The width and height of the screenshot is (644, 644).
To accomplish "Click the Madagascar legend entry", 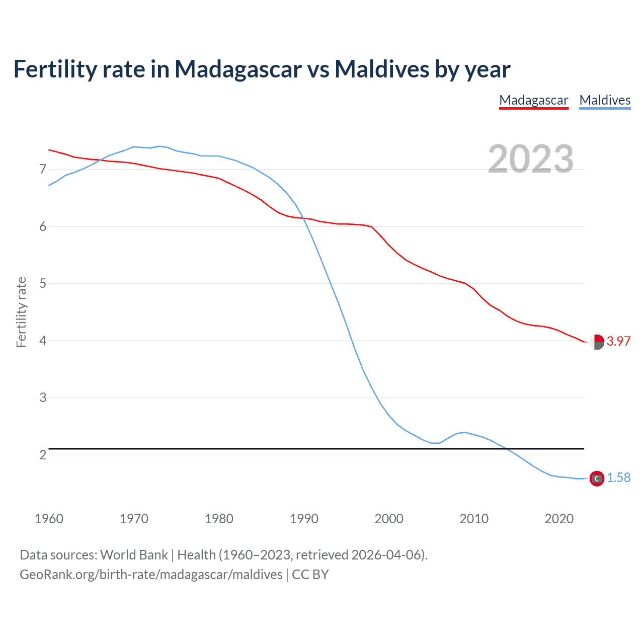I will click(x=533, y=100).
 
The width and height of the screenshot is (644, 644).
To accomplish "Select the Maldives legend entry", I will click(x=605, y=100).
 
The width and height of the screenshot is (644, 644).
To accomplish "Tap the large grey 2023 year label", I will click(x=531, y=159).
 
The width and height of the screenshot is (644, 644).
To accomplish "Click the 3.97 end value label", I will click(x=618, y=341).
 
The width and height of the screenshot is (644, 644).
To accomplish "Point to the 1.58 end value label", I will click(x=618, y=478).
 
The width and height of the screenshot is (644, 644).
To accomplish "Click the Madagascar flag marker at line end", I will click(x=597, y=342).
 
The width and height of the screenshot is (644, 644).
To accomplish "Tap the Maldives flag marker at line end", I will click(x=597, y=478).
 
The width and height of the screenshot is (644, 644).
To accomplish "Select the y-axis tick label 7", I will click(x=43, y=170).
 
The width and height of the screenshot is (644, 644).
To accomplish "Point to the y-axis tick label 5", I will click(x=43, y=284).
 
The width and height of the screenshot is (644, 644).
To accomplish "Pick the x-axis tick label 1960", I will click(x=49, y=519).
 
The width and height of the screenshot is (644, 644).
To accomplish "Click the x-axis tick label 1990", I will click(x=304, y=519).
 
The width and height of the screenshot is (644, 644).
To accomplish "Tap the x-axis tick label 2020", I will click(x=559, y=519).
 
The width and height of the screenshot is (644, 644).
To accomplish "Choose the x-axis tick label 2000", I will click(x=389, y=519).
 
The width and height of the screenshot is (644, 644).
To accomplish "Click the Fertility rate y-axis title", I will click(x=21, y=312).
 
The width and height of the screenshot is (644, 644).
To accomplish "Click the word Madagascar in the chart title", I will click(x=237, y=69).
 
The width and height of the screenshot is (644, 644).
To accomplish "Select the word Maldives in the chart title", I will click(x=381, y=69).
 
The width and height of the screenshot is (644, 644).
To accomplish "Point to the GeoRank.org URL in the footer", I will click(x=151, y=575).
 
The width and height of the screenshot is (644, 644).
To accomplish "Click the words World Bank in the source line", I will click(x=134, y=555).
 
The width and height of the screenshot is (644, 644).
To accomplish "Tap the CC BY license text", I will click(x=310, y=575).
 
